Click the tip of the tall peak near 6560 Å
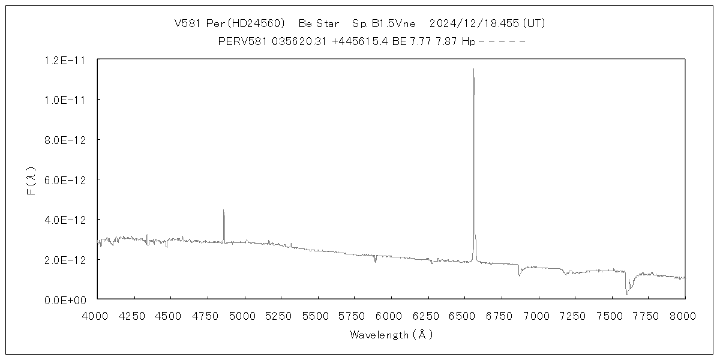473,69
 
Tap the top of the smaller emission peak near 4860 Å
223,210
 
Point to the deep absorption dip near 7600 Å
627,293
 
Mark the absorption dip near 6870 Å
520,275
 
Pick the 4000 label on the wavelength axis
97,314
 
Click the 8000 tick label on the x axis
685,314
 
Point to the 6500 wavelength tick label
465,314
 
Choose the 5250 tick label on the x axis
281,314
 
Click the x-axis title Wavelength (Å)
391,334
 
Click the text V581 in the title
187,23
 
